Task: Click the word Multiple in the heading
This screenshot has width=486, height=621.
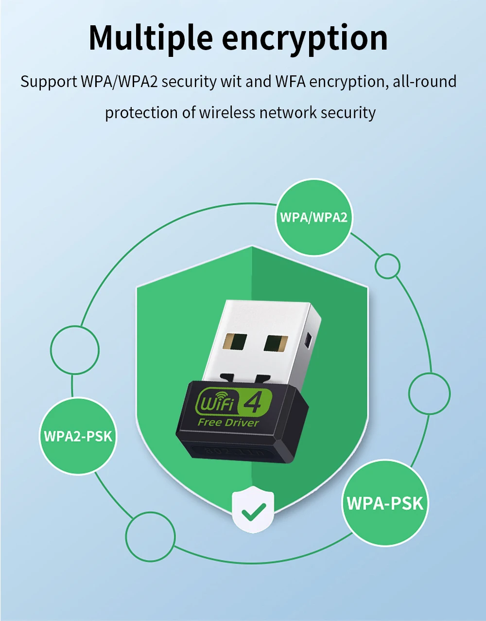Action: (x=151, y=38)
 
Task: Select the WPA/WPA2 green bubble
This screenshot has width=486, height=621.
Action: (x=314, y=217)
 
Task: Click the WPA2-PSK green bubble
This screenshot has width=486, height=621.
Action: (x=78, y=436)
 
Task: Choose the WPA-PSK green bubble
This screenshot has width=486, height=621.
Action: (x=385, y=503)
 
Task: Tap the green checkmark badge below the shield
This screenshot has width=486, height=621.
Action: (x=253, y=511)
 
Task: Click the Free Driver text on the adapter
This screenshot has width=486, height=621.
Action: (x=228, y=423)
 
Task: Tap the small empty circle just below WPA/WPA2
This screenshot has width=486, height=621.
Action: (x=387, y=266)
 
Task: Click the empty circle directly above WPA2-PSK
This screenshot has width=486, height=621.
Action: (x=75, y=350)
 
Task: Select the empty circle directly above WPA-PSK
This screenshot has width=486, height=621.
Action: (x=429, y=393)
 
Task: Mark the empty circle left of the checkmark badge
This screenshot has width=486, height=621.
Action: (x=150, y=536)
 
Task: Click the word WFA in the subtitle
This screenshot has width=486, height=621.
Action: (x=290, y=82)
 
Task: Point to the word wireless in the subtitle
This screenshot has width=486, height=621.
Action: (x=227, y=113)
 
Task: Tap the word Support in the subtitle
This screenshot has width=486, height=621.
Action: (x=49, y=82)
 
